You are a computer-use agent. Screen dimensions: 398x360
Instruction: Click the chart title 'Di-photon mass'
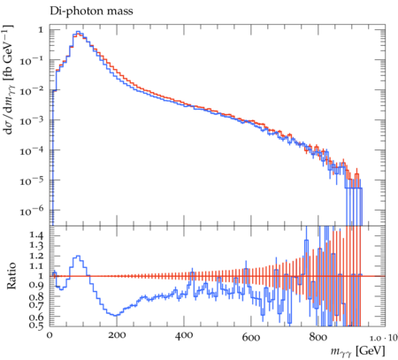click(91, 11)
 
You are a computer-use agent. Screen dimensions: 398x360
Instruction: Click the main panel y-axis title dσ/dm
click(10, 80)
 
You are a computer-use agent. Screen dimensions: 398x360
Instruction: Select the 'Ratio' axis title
click(11, 276)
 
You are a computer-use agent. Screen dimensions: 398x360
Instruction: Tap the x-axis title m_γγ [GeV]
click(357, 351)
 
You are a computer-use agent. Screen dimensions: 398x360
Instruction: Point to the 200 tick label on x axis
click(117, 335)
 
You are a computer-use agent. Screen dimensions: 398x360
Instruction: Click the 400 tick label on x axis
click(184, 335)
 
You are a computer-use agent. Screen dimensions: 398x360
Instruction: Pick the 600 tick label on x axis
click(251, 336)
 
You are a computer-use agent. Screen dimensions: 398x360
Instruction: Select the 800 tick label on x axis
click(318, 336)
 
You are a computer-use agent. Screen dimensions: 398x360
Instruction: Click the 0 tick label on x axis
click(50, 335)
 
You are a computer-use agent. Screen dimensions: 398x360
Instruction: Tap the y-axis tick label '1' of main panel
click(41, 30)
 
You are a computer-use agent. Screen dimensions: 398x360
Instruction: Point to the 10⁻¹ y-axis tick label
click(32, 60)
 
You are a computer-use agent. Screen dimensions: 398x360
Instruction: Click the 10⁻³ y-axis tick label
click(32, 120)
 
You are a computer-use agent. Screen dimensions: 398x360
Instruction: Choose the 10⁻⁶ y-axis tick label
click(32, 211)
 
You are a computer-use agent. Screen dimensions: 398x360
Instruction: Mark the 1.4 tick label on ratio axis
click(36, 235)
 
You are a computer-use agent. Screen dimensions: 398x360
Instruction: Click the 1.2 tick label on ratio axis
click(36, 256)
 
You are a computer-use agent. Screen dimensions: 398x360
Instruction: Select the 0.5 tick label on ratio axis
click(36, 325)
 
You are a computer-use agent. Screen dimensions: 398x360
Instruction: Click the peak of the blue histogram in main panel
click(78, 32)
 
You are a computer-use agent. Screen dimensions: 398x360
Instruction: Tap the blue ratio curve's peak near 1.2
click(78, 256)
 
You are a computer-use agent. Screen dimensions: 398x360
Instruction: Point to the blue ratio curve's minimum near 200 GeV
click(116, 316)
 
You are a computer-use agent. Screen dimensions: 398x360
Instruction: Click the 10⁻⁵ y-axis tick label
click(32, 180)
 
